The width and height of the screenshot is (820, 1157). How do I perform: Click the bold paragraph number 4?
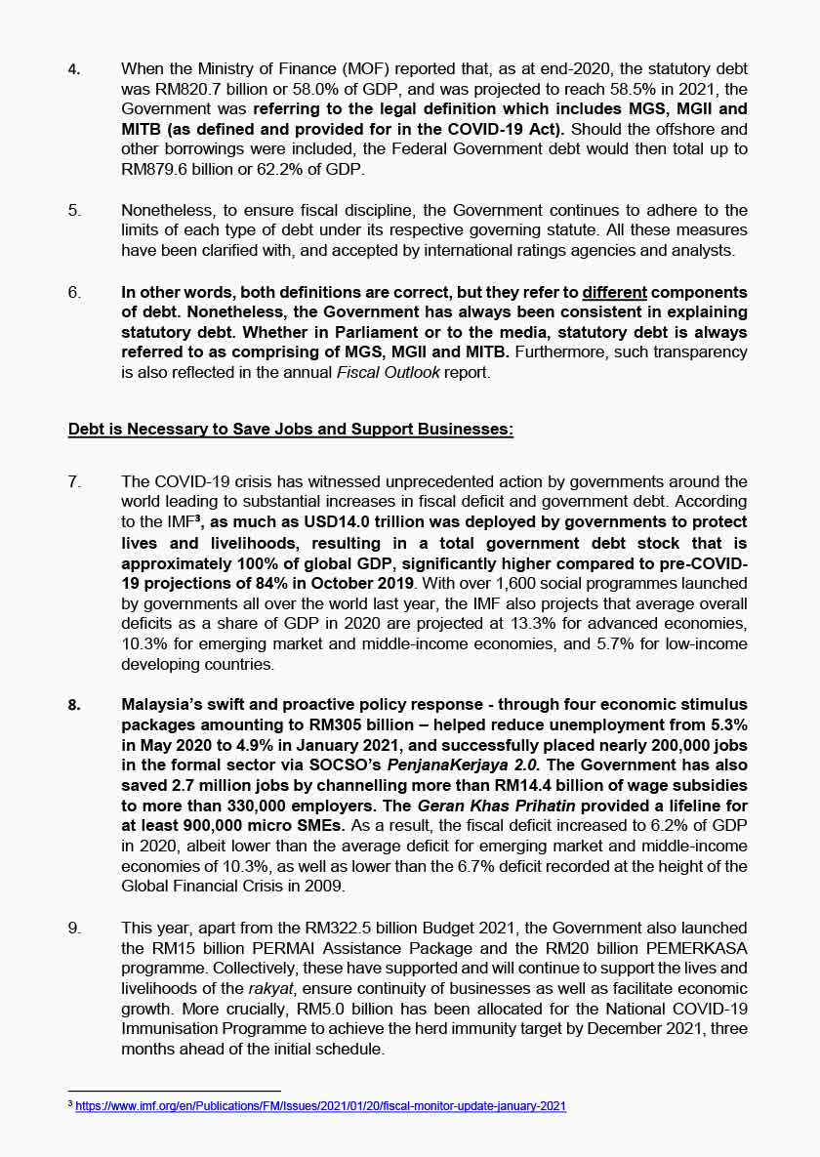pyautogui.click(x=73, y=69)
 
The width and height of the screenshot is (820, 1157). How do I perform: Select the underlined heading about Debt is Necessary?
pyautogui.click(x=291, y=430)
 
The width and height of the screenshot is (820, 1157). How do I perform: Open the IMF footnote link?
pyautogui.click(x=321, y=1106)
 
